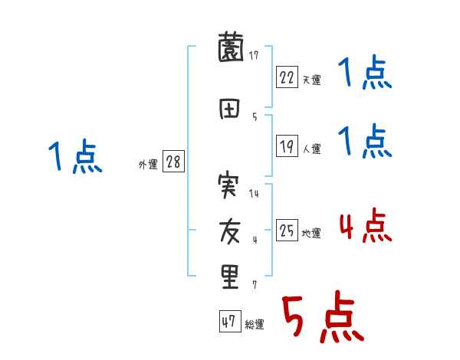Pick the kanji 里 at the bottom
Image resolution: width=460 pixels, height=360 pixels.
point(229,276)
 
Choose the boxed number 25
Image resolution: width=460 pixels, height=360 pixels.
point(287,230)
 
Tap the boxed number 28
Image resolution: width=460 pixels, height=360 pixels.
point(172,162)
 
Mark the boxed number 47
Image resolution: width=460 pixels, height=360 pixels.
point(229,322)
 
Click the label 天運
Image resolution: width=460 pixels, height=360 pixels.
point(312,80)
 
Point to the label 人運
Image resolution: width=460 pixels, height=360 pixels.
point(312,148)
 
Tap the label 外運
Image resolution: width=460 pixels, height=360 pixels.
point(147,165)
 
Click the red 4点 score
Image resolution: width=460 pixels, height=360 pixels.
point(365,227)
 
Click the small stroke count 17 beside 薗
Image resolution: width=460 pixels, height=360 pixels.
point(253,54)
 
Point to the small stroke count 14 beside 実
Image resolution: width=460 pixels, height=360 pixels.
point(254,193)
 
